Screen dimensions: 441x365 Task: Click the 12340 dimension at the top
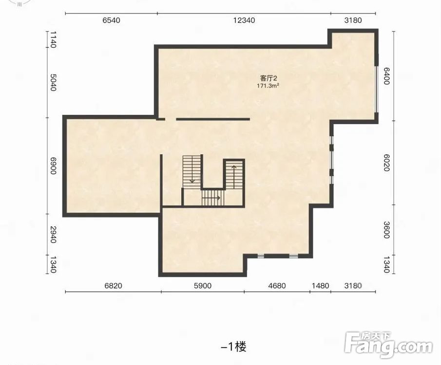(x=244, y=20)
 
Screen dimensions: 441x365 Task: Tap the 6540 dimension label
(x=112, y=20)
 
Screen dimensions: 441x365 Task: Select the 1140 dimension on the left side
(x=53, y=39)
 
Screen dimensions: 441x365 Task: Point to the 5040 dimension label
(x=53, y=83)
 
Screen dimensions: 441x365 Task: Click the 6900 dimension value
(x=53, y=165)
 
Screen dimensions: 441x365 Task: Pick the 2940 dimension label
(x=53, y=235)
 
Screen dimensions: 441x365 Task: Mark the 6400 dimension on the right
(x=386, y=75)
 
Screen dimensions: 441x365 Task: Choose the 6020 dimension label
(x=386, y=163)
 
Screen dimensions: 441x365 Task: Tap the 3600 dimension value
(x=386, y=230)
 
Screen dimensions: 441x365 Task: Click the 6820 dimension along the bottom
(x=113, y=286)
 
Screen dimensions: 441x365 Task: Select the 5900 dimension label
(x=203, y=286)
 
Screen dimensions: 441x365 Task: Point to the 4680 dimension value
(x=277, y=286)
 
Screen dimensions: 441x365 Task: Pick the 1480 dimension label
(x=320, y=286)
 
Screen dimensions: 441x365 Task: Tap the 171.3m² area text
(x=268, y=86)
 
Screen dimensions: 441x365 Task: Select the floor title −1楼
(x=234, y=347)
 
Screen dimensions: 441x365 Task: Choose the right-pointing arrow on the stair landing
(x=211, y=198)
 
